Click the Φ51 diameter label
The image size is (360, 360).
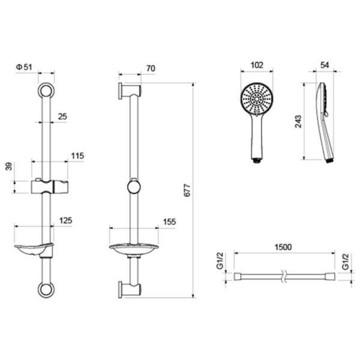click(24, 67)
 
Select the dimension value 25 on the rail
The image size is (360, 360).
click(62, 116)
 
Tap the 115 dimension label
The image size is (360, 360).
click(77, 156)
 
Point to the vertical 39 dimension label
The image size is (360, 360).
click(9, 166)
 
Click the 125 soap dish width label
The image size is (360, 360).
click(65, 220)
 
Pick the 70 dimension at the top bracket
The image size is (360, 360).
click(151, 68)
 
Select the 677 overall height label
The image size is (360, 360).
click(187, 190)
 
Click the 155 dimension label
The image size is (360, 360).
click(169, 222)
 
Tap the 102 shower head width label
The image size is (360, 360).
click(257, 65)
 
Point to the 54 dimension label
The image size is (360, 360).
click(325, 65)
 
